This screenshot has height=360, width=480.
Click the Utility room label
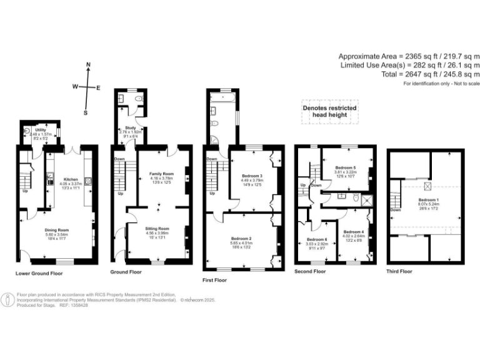(x=40, y=129)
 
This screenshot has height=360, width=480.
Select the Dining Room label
(x=56, y=230)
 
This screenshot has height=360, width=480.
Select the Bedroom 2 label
(x=241, y=238)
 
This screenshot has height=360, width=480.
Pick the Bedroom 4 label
(x=353, y=232)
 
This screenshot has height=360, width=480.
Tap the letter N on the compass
(x=88, y=65)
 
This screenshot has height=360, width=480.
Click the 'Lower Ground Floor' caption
(x=39, y=273)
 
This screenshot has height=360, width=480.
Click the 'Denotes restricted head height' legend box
(x=329, y=111)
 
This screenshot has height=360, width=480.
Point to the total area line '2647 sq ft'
(x=410, y=74)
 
